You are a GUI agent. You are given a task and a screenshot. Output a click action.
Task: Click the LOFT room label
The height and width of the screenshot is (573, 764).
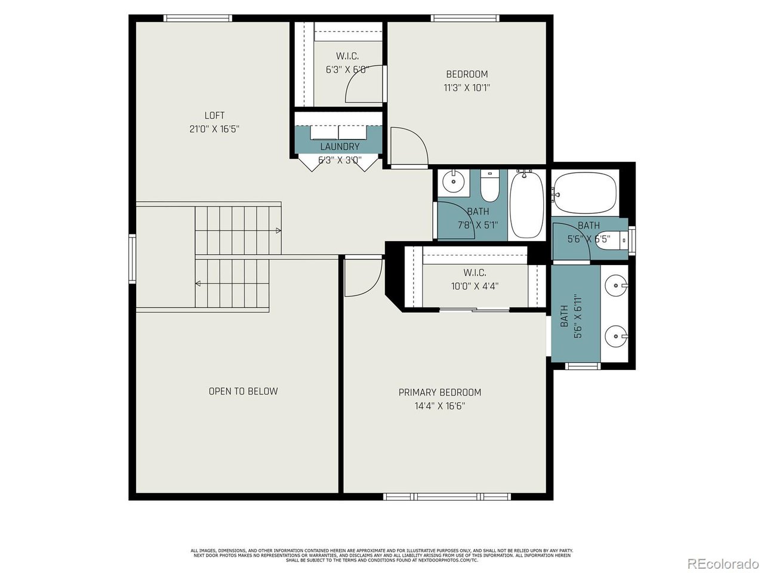[x=214, y=115]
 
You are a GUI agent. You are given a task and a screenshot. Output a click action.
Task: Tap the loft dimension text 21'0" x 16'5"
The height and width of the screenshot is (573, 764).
[x=214, y=129]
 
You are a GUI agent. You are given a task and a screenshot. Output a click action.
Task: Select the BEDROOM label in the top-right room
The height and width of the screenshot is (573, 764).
[x=467, y=74]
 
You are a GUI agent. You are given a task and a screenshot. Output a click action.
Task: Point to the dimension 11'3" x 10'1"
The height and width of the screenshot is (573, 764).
[x=467, y=88]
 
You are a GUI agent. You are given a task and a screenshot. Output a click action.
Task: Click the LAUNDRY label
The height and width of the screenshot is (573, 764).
[x=340, y=146]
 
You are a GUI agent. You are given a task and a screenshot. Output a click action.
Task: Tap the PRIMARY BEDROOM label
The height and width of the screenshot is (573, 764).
[x=439, y=392]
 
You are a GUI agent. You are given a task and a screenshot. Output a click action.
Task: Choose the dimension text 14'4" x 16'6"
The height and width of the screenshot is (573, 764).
[x=439, y=406]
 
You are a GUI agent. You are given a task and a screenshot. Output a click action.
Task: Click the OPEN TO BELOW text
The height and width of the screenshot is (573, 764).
[x=243, y=391]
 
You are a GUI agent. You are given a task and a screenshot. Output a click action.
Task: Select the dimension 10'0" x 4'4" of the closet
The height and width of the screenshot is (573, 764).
[x=475, y=286]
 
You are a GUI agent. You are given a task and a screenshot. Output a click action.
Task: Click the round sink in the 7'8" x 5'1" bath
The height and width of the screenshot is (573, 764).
[x=454, y=181]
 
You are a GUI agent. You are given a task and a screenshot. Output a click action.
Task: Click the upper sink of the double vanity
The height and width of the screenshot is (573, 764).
[x=615, y=286]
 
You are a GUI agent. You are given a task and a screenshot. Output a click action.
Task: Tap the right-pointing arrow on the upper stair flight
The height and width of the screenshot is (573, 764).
[x=278, y=230]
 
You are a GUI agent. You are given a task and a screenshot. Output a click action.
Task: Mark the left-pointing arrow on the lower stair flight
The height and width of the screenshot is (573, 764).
[x=199, y=284]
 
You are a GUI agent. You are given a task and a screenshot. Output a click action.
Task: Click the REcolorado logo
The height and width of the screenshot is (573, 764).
[x=723, y=563]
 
